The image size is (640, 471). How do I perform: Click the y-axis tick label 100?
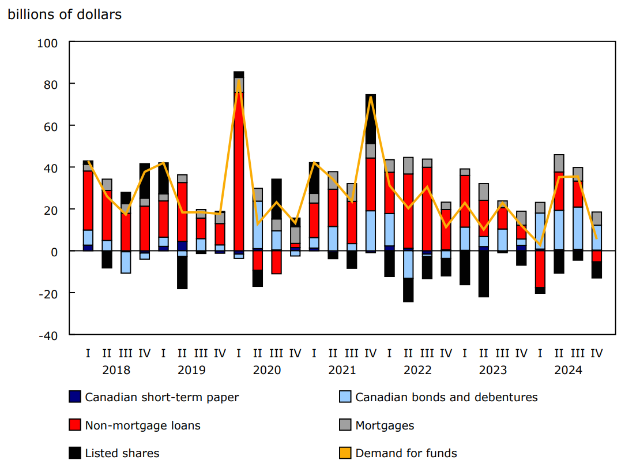[48, 43]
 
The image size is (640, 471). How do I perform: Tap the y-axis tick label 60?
[51, 126]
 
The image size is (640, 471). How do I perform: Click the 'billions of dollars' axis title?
[65, 15]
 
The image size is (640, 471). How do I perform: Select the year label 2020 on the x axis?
[267, 370]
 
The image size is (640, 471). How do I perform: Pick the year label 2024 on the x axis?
[568, 370]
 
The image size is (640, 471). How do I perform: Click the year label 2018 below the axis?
[116, 370]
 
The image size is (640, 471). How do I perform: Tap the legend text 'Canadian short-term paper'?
[161, 397]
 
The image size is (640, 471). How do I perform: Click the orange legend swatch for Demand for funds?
[345, 454]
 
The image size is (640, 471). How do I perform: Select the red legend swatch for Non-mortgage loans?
[75, 425]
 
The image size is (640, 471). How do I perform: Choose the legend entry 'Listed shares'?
[122, 454]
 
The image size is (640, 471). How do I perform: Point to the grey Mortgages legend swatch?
[345, 425]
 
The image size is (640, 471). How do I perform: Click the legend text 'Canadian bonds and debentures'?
[446, 397]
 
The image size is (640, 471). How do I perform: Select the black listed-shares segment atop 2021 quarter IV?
[370, 118]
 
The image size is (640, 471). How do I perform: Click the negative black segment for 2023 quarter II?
[483, 274]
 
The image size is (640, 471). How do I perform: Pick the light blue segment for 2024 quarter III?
[578, 227]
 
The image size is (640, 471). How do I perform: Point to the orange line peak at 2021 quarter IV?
[370, 96]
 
